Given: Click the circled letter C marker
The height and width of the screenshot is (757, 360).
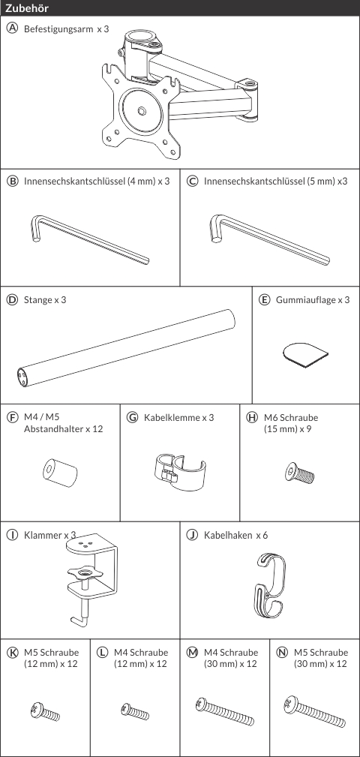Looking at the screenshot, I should click(192, 182).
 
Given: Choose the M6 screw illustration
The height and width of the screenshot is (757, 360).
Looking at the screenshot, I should click(299, 473).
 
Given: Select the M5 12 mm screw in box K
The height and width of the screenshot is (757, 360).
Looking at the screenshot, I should click(44, 710).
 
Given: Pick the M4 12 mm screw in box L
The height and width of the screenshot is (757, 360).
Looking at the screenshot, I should click(134, 710).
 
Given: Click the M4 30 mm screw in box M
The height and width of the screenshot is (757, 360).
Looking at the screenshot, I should click(224, 710).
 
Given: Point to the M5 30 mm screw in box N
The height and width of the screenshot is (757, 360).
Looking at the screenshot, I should click(314, 710).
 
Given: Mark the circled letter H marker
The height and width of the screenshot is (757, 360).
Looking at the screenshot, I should click(252, 417).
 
